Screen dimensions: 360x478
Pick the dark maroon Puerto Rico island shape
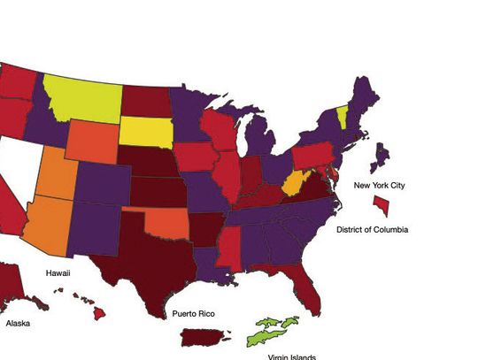[x=205, y=337]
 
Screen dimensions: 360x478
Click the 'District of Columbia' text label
[x=373, y=230]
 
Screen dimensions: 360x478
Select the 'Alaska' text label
[x=18, y=324]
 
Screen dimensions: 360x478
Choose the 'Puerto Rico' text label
[x=195, y=314]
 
